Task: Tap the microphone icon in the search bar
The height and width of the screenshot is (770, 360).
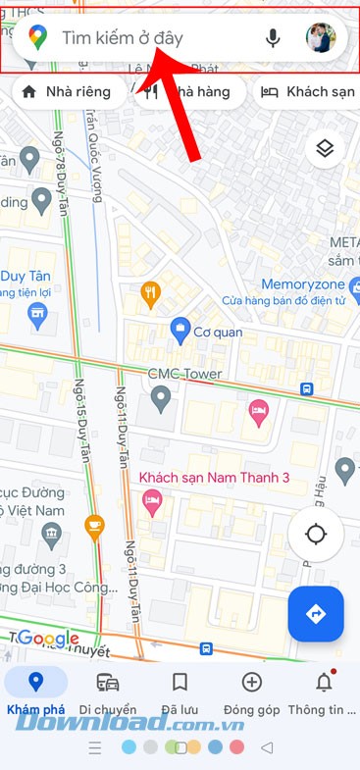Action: (x=273, y=38)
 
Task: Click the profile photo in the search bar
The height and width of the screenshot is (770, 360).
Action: (x=321, y=38)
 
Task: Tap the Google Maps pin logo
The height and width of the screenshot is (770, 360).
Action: (x=37, y=38)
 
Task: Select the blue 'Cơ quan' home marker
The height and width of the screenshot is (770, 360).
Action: (x=180, y=330)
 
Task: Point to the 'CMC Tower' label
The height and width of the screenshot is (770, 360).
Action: (x=184, y=374)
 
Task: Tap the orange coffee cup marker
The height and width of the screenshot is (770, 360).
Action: (x=94, y=525)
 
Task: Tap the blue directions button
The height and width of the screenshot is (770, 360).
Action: (x=316, y=614)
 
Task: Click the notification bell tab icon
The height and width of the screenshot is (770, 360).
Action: (x=324, y=683)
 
